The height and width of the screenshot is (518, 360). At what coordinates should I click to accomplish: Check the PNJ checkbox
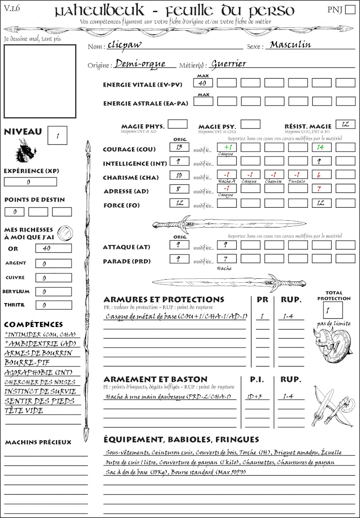click(x=349, y=9)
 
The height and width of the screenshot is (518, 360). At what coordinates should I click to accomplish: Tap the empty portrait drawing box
click(x=40, y=80)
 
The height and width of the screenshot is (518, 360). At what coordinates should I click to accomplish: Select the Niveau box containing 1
click(x=58, y=135)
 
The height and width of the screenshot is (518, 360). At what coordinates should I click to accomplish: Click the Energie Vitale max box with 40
click(x=203, y=83)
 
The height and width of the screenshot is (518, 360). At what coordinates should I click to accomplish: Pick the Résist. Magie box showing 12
click(x=345, y=124)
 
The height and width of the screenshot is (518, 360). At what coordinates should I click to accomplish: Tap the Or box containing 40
click(x=53, y=248)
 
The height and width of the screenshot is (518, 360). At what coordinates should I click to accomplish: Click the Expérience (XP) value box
click(x=30, y=182)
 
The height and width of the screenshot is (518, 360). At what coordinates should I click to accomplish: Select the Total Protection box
click(x=333, y=310)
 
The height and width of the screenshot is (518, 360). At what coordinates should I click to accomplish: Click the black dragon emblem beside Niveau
click(x=25, y=151)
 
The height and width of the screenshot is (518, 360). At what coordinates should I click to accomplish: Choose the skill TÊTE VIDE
click(x=24, y=411)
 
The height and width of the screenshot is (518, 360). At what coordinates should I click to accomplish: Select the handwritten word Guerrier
click(x=229, y=64)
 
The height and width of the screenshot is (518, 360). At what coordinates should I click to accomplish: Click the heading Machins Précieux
click(x=38, y=442)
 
